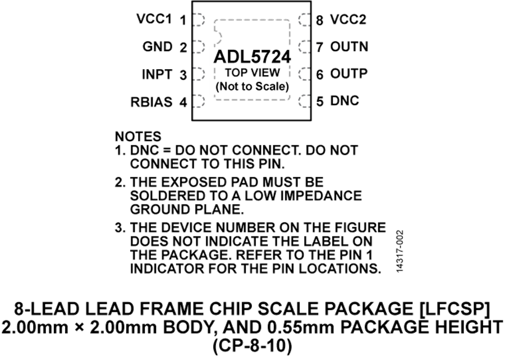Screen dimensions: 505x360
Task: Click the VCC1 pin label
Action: [155, 19]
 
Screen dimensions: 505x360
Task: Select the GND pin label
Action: [158, 47]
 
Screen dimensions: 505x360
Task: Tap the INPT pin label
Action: [157, 75]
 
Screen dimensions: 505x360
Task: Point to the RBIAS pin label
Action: [151, 102]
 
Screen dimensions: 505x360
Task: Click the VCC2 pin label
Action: [348, 20]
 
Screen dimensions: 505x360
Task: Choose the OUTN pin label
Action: [349, 47]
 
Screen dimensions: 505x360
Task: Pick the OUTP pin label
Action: [349, 74]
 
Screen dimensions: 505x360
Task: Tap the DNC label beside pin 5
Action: [345, 101]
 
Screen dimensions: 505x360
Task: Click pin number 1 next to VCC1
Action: [183, 20]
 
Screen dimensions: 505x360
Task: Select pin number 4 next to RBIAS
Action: [183, 102]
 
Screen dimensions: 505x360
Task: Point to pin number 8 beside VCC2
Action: [319, 21]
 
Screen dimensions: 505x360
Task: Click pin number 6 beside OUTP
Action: [319, 75]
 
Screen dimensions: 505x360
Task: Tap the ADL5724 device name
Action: [252, 57]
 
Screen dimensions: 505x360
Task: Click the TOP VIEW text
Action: [252, 72]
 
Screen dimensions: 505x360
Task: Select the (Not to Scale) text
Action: [252, 86]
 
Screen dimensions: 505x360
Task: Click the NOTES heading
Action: [138, 136]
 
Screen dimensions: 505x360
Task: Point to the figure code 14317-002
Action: [400, 251]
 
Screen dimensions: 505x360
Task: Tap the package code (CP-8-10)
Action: [252, 347]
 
